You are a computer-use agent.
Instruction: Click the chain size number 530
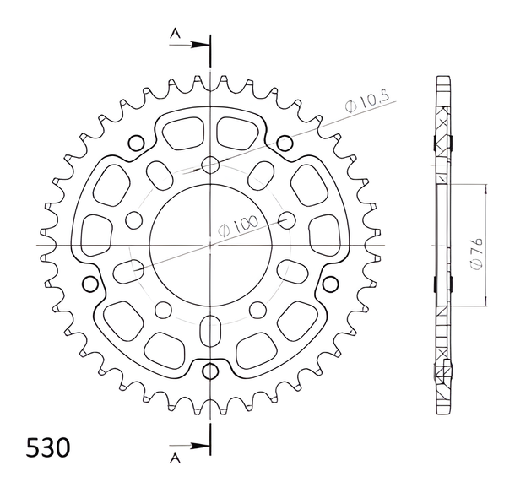[x=48, y=447]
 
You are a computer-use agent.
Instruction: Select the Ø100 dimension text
[x=238, y=225]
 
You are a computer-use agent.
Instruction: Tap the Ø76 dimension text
[x=476, y=253]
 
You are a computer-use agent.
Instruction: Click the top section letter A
[x=175, y=33]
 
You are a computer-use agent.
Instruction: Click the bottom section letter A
[x=175, y=458]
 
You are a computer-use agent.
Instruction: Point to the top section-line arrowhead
[x=200, y=45]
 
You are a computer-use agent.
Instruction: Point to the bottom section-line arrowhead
[x=200, y=446]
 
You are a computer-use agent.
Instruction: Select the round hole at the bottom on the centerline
[x=210, y=371]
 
